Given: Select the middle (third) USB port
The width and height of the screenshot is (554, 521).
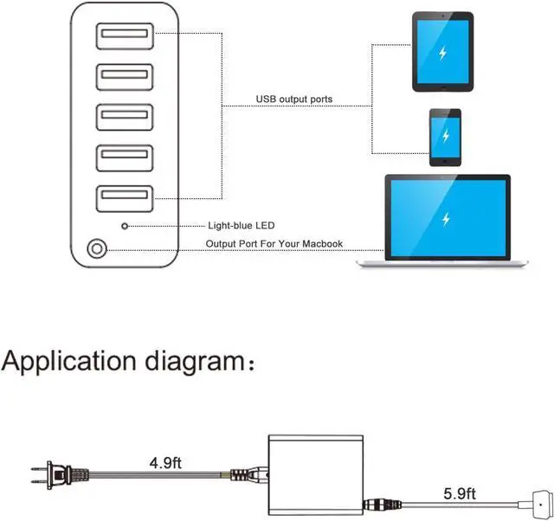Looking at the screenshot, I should point(125,116).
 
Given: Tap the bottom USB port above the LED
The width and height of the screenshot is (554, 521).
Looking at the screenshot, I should point(125,197).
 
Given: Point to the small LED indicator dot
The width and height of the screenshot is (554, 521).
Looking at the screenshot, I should point(126,226).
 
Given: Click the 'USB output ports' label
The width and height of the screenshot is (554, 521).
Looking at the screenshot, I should point(293,100).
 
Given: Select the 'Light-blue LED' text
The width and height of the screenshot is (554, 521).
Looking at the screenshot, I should point(242,226).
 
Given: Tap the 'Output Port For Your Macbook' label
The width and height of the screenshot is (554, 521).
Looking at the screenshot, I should point(274,244).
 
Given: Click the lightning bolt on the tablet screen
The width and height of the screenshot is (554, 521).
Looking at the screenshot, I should point(442,53).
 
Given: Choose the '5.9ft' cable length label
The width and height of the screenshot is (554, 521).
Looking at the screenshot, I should point(460,494).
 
